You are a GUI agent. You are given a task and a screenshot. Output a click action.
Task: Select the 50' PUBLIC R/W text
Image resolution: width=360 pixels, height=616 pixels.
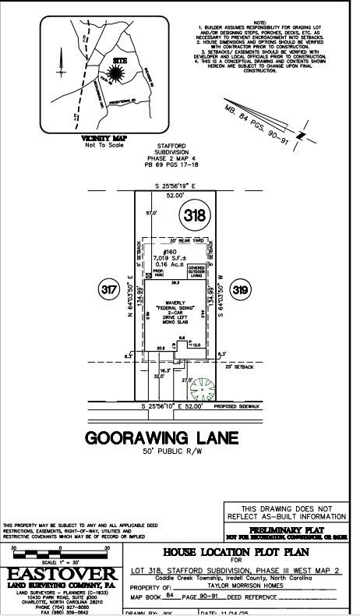172,451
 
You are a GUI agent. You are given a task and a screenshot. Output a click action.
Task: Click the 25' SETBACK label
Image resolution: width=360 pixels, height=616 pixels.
239,366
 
